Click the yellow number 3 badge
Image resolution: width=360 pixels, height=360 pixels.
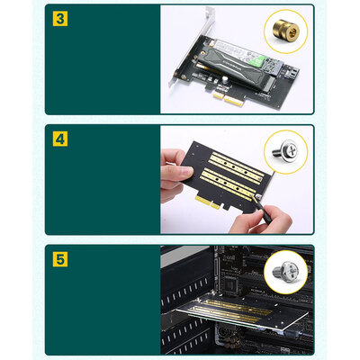tap(59, 19)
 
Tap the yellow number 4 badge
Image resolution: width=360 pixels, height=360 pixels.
tap(59, 139)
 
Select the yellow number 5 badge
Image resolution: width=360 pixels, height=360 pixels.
tap(59, 259)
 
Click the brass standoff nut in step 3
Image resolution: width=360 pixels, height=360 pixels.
tap(287, 34)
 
